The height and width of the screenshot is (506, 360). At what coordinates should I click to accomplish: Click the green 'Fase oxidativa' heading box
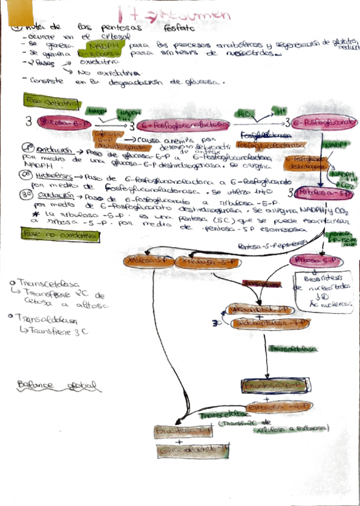click(x=51, y=102)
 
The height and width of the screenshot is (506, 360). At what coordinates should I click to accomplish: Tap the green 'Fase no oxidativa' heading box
click(x=60, y=236)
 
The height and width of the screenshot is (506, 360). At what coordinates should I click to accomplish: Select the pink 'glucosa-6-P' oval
click(x=61, y=122)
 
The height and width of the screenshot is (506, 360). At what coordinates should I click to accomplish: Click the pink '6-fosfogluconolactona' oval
click(x=185, y=124)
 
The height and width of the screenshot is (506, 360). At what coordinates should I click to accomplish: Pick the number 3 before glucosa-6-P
click(x=28, y=122)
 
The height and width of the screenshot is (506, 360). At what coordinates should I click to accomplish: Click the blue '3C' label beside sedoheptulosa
click(x=217, y=323)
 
